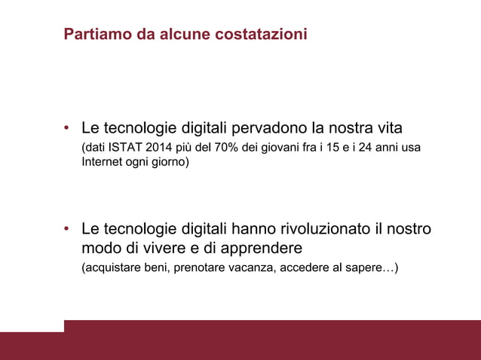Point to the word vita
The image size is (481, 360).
(390, 126)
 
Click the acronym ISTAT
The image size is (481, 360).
(125, 147)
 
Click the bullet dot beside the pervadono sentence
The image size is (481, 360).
(67, 127)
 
